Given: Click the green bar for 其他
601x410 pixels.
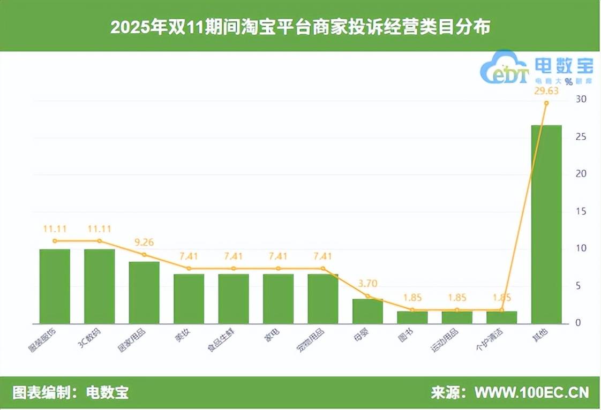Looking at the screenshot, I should pos(546,224).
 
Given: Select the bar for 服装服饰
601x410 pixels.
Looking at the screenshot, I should pos(55,286).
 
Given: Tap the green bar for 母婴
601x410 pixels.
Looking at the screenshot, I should pos(367,311).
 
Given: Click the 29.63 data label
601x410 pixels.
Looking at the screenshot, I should pos(546,90).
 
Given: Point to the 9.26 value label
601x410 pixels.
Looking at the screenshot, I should pos(144,242).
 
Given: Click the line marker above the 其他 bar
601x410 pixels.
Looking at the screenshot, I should pos(546,103).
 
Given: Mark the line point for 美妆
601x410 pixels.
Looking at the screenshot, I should pos(189,268).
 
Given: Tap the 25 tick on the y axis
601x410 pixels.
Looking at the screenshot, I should pos(581,137).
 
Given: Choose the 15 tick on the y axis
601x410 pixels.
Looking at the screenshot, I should pos(581,211).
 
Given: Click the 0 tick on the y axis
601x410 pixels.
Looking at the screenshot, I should pos(579,323).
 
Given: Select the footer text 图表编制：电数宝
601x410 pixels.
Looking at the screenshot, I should pos(70,392).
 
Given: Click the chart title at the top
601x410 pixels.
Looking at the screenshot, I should pos(300,27).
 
